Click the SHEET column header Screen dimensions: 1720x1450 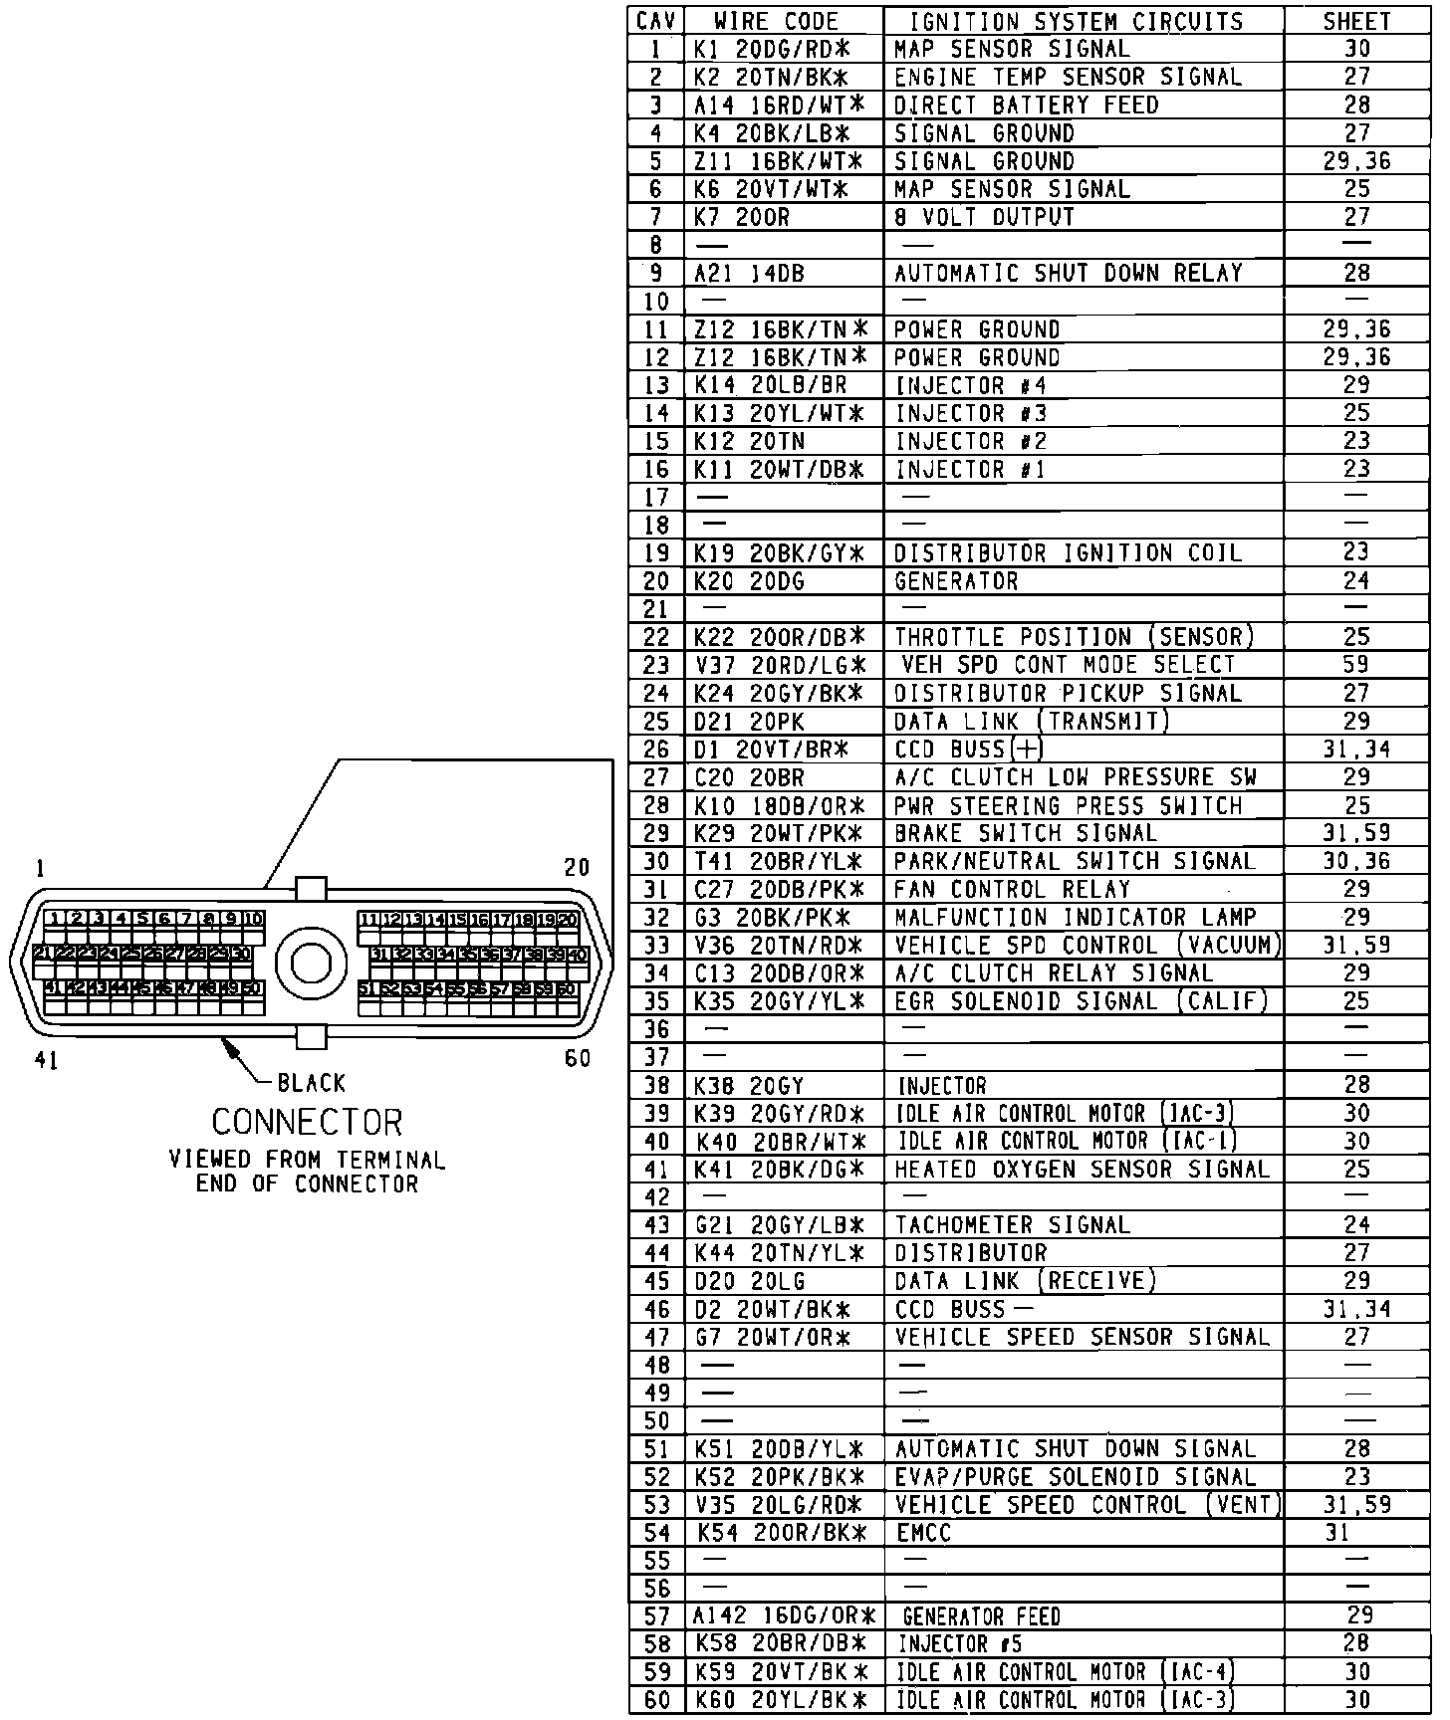[x=1356, y=21]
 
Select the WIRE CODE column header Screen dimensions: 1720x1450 [x=777, y=21]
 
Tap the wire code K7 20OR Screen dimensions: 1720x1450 [x=742, y=217]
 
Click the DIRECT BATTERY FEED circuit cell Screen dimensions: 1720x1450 [x=1026, y=105]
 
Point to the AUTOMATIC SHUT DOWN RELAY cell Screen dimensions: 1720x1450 [x=1068, y=273]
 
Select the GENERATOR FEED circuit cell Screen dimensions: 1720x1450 [x=981, y=1617]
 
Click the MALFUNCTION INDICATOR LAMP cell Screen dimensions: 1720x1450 [x=1076, y=917]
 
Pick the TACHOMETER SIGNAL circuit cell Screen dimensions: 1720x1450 [x=1012, y=1225]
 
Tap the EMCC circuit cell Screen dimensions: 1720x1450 [x=923, y=1533]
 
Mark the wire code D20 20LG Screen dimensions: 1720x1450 [x=750, y=1281]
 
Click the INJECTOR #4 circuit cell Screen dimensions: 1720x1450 [x=971, y=385]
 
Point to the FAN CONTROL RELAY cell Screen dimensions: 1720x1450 [x=1012, y=889]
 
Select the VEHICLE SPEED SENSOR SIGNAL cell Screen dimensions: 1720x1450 [x=1082, y=1337]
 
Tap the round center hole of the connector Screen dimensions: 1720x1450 [x=311, y=963]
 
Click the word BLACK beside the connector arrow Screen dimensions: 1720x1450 [x=312, y=1083]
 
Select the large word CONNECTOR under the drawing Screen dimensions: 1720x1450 [x=307, y=1123]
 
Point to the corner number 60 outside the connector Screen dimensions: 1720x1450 [x=578, y=1058]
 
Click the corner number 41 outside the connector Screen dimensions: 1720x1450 [x=47, y=1061]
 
